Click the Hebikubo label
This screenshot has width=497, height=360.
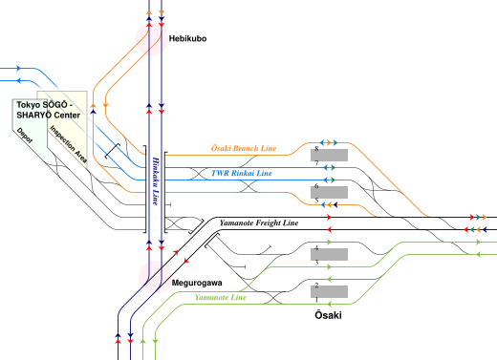(x=187, y=39)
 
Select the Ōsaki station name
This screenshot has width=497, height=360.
(x=328, y=314)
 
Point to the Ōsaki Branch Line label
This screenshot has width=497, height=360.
(x=244, y=151)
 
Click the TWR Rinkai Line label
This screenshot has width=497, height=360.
(x=241, y=174)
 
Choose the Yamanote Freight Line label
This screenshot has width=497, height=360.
(x=259, y=223)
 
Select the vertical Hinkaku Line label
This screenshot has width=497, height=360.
(x=155, y=181)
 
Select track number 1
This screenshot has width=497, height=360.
(x=315, y=299)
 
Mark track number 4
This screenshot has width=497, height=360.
(x=315, y=247)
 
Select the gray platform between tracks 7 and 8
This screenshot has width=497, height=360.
(x=328, y=155)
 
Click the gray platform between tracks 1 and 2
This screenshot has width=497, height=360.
(x=328, y=291)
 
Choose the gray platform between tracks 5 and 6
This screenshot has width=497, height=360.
(x=328, y=192)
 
